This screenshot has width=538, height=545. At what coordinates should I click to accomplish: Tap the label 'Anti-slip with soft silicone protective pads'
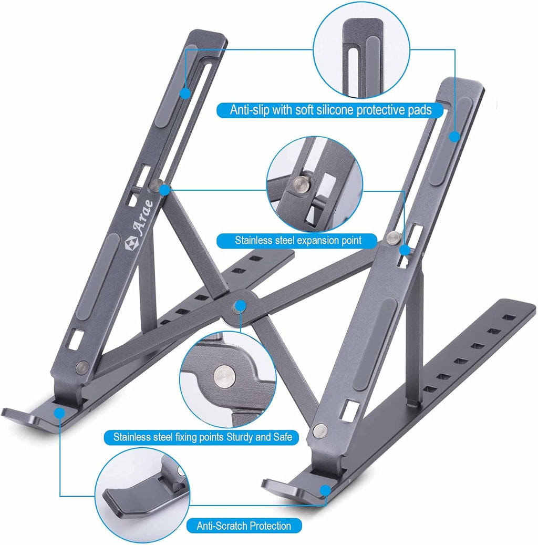tap(331, 110)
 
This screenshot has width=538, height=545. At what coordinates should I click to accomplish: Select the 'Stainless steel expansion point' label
tap(298, 241)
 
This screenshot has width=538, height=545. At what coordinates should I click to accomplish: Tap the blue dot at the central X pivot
tap(241, 305)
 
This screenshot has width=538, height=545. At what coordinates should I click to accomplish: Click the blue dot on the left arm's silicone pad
tap(185, 93)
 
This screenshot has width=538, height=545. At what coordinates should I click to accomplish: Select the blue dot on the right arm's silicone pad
tap(454, 137)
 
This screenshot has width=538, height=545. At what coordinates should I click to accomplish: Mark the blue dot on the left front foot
tap(60, 412)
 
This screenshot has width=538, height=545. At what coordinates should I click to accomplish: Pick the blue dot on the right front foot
tap(326, 489)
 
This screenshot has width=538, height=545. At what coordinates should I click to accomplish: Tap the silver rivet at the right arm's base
tap(318, 430)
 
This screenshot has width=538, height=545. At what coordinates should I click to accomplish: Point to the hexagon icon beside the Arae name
tap(130, 243)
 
